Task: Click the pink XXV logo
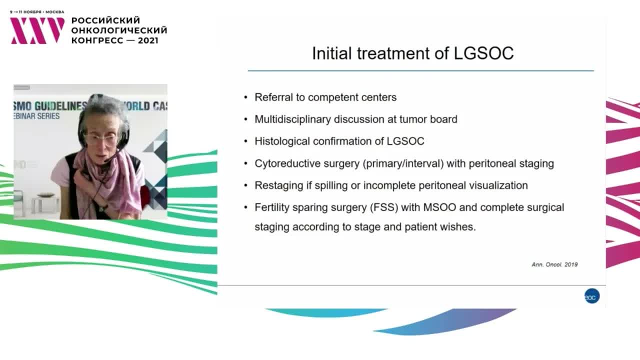[37, 30]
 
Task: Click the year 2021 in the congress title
[148, 40]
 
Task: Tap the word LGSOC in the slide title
[483, 53]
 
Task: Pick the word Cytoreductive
[291, 163]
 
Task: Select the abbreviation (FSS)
[384, 207]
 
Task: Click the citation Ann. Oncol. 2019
[554, 265]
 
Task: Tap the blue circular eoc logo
[591, 296]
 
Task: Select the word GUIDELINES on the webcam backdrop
[60, 106]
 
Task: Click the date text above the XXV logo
[37, 12]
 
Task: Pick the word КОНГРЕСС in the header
[97, 40]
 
